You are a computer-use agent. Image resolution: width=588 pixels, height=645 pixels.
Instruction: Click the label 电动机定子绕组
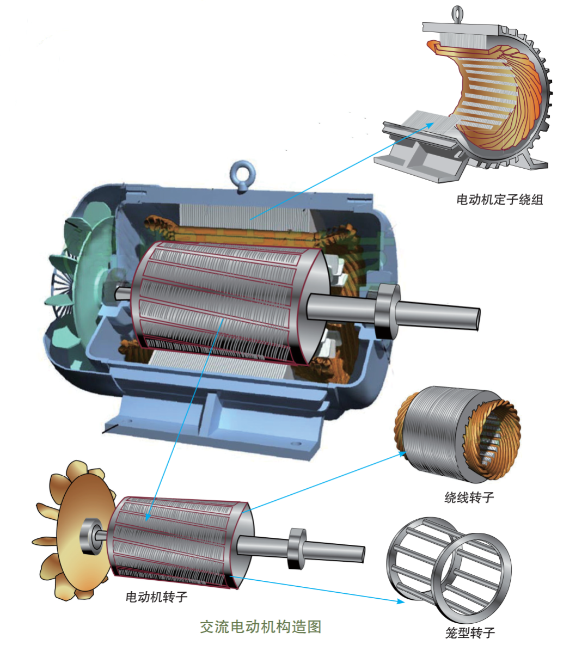pos(500,200)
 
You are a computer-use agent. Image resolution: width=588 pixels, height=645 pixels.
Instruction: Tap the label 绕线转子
pos(469,497)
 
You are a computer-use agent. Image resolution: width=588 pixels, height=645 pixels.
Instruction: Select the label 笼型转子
pos(470,632)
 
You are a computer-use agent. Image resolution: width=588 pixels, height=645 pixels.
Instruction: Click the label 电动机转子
pos(156,597)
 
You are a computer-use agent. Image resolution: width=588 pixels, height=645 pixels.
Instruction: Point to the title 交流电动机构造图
pos(260,627)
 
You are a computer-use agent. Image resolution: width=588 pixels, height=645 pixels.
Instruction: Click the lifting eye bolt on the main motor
pos(242,175)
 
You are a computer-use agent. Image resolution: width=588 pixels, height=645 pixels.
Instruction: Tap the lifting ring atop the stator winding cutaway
pos(457,14)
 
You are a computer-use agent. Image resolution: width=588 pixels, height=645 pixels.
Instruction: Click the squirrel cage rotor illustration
pos(449,570)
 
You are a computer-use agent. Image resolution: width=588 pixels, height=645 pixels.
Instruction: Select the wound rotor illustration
pos(457,434)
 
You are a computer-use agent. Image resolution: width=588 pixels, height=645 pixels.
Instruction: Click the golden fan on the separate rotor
pos(74,531)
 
